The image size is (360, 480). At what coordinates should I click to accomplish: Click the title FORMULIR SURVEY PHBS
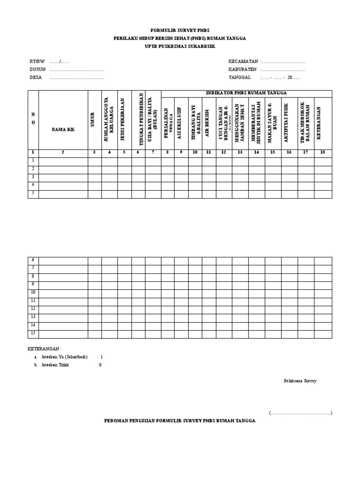[x=180, y=30]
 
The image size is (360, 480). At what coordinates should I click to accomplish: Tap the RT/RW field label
[x=37, y=61]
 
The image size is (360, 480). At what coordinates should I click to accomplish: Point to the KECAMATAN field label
[x=243, y=61]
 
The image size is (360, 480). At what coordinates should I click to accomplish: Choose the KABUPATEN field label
[x=243, y=69]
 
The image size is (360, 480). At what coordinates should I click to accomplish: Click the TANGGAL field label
[x=240, y=77]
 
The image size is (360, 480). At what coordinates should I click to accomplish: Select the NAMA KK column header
[x=63, y=128]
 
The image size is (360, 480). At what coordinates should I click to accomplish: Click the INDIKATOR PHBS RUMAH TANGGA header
[x=246, y=93]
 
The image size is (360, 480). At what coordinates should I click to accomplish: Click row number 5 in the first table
[x=33, y=193]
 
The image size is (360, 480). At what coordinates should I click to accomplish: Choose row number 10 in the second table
[x=33, y=292]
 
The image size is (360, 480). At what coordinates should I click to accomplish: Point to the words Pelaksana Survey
[x=300, y=381]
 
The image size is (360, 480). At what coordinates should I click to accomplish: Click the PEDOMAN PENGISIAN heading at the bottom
[x=180, y=421]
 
